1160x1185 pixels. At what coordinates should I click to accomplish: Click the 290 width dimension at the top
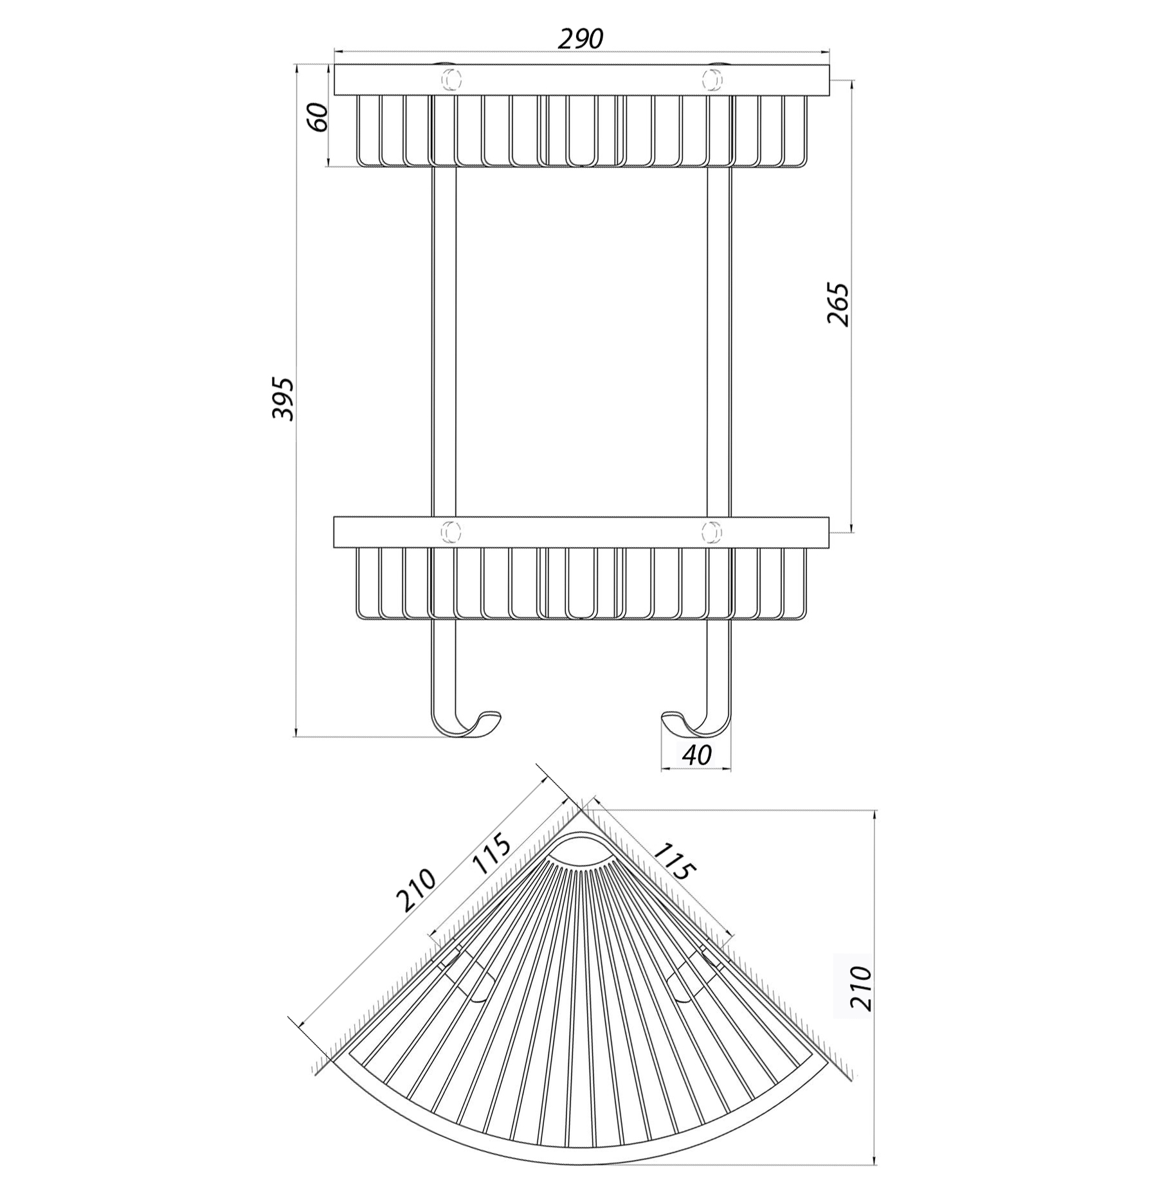[x=580, y=39]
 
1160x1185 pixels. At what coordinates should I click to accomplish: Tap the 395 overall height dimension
[x=282, y=399]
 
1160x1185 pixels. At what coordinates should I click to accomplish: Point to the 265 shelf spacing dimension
[x=838, y=304]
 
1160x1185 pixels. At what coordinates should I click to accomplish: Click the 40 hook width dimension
[x=696, y=755]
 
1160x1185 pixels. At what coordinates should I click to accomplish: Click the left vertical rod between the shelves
[x=442, y=341]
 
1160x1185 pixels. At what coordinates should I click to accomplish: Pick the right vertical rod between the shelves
[x=719, y=341]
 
